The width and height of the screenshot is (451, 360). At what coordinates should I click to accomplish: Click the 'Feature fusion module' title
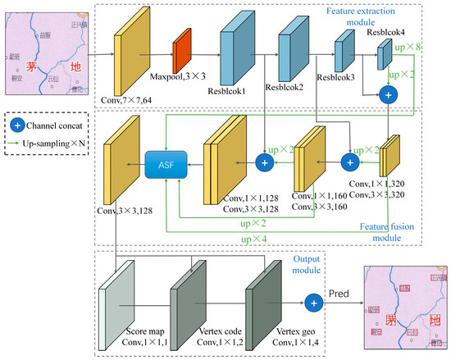tap(389, 232)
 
